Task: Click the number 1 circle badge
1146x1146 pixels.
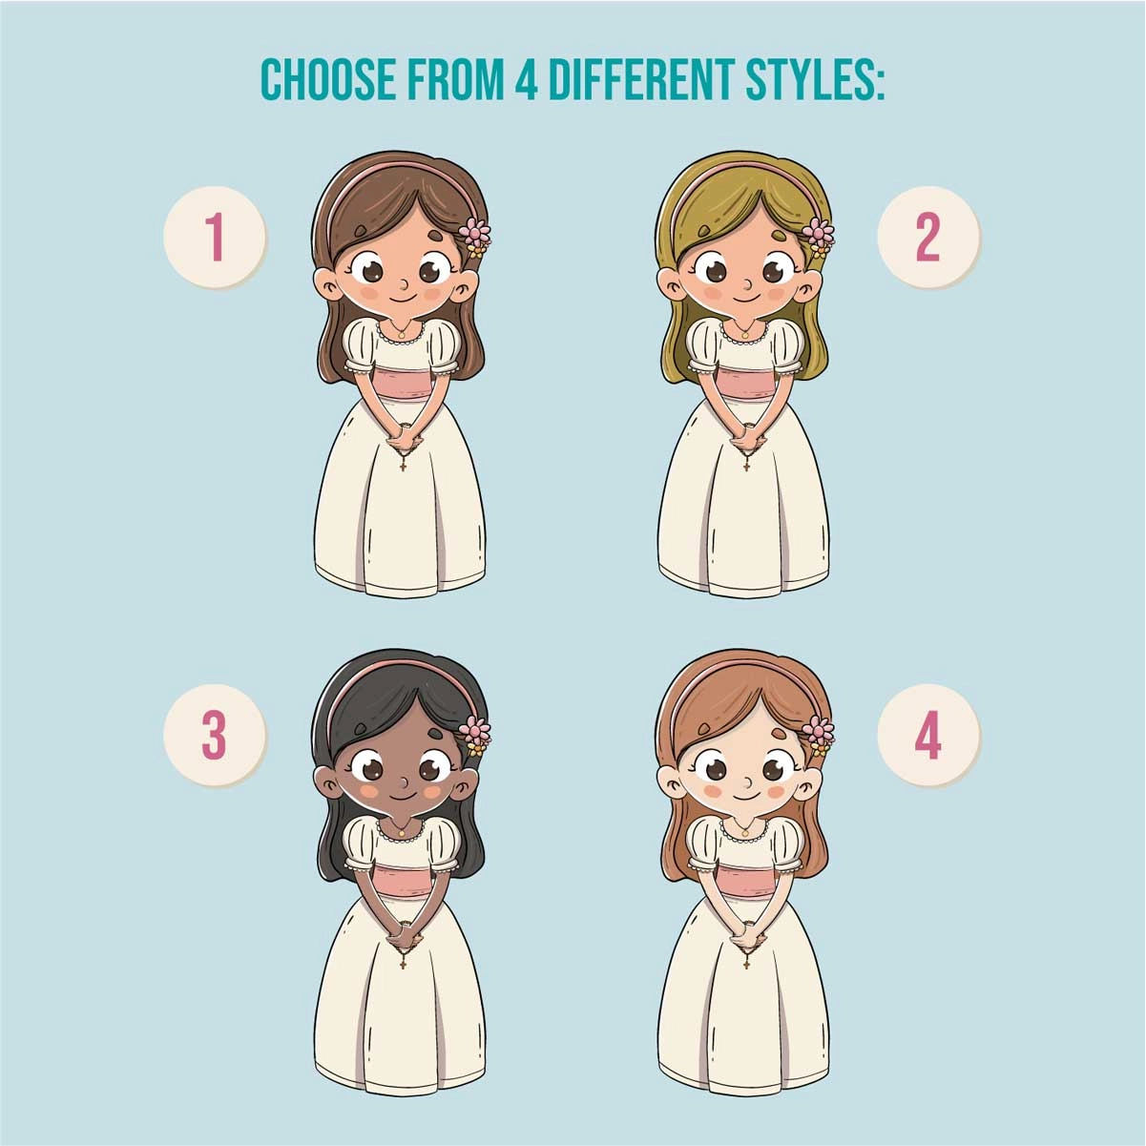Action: pyautogui.click(x=215, y=238)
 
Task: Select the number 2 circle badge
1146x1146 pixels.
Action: pyautogui.click(x=927, y=238)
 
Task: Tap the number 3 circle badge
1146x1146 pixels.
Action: pyautogui.click(x=215, y=736)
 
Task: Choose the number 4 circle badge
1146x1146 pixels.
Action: pyautogui.click(x=927, y=736)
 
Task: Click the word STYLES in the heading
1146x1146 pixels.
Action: pyautogui.click(x=814, y=79)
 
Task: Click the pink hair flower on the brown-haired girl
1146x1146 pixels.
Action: pyautogui.click(x=475, y=233)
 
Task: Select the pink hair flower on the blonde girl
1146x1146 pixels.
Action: pyautogui.click(x=819, y=233)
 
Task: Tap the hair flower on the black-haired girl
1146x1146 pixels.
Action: pyautogui.click(x=475, y=731)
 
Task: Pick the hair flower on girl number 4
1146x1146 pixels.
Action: pyautogui.click(x=819, y=731)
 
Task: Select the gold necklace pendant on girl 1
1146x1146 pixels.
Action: pyautogui.click(x=402, y=335)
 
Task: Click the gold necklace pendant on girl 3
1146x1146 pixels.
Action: pyautogui.click(x=402, y=833)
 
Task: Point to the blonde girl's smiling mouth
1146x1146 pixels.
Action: pyautogui.click(x=746, y=298)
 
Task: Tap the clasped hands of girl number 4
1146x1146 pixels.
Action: pyautogui.click(x=747, y=940)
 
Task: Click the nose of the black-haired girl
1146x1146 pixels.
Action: pyautogui.click(x=404, y=781)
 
